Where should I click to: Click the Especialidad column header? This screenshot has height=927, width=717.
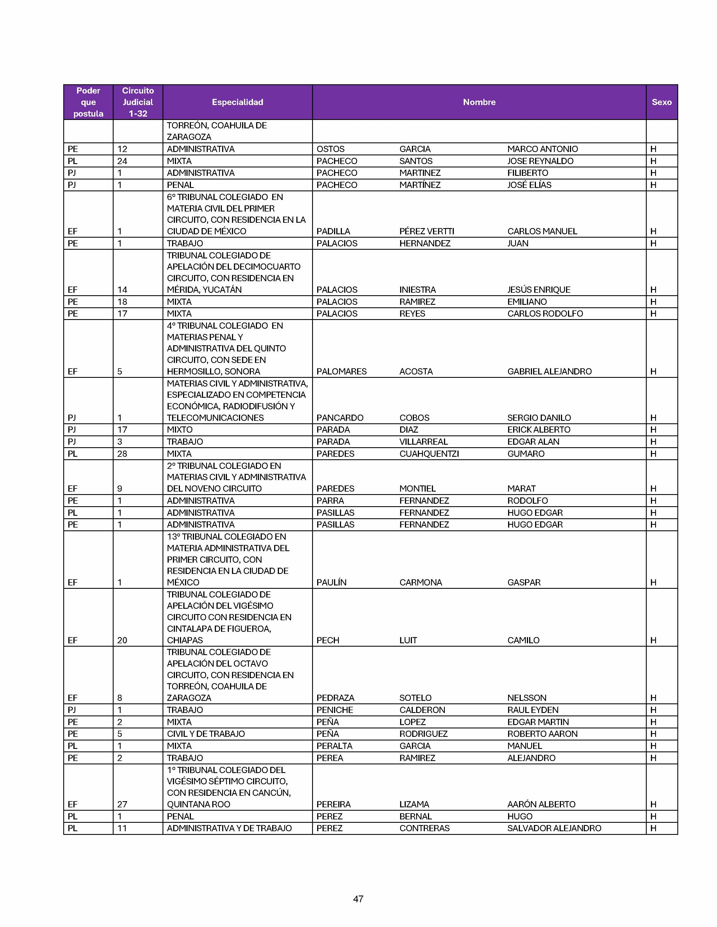(237, 102)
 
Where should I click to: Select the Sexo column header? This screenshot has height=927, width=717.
(661, 102)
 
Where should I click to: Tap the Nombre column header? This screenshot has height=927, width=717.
(479, 102)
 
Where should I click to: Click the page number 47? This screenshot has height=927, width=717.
(358, 899)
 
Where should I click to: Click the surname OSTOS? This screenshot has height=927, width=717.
(330, 149)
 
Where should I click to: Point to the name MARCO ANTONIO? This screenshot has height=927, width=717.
(542, 149)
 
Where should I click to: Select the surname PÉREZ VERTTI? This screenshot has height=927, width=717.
(427, 231)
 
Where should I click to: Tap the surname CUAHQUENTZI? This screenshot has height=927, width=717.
(429, 454)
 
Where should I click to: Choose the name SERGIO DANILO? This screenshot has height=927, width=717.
(539, 418)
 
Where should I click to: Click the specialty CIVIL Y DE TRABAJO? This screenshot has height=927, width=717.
(206, 734)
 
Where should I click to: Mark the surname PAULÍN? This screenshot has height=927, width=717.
(331, 582)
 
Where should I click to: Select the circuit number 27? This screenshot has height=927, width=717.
(122, 804)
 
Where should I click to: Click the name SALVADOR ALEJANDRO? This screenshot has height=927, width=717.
(554, 828)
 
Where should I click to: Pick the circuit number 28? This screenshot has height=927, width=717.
(122, 454)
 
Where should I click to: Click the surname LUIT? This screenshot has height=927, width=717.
(408, 640)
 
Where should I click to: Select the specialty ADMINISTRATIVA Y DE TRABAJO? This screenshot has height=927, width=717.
(229, 828)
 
